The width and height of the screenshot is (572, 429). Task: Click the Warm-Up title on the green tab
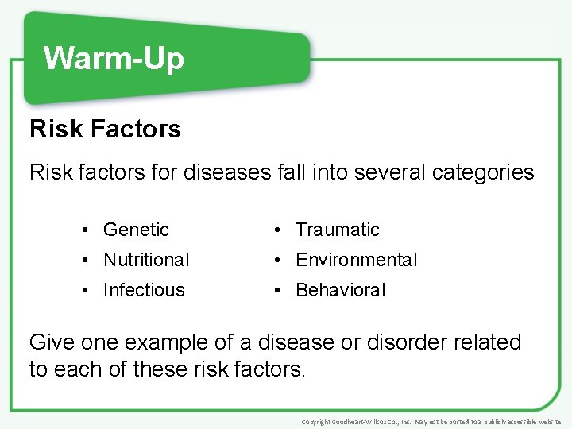point(114,58)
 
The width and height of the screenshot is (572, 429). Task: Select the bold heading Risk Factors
point(105,129)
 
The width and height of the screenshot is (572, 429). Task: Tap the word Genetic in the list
point(136,230)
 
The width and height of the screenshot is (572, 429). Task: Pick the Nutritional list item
point(146,260)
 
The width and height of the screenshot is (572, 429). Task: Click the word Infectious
point(144,290)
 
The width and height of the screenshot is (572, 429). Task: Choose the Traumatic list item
point(338,230)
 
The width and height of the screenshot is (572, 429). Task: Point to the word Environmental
point(356,260)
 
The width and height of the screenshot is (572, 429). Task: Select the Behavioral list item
point(340,290)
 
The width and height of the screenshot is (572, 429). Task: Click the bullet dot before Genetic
point(84,230)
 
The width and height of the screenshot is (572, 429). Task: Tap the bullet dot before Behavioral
point(276,291)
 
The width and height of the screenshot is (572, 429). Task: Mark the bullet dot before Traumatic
point(276,230)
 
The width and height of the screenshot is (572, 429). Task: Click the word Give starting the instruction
point(52,342)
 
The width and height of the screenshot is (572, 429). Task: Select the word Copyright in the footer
point(319,422)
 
